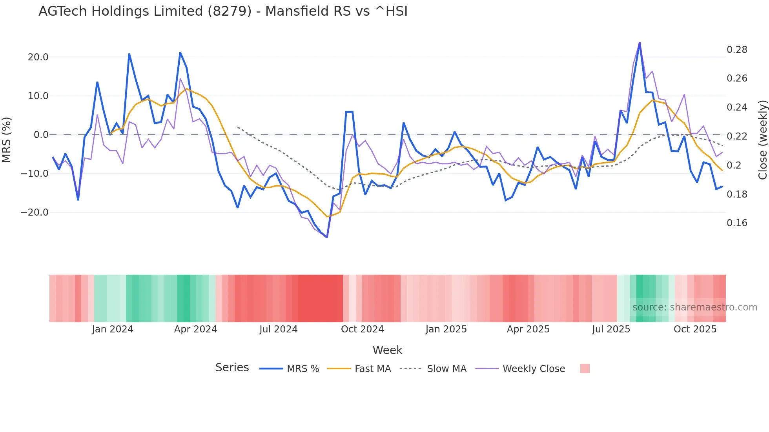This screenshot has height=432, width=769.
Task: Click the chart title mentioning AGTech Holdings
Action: pos(223,11)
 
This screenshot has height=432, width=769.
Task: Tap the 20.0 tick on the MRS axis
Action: pos(38,57)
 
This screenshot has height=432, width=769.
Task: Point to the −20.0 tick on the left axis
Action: pos(35,212)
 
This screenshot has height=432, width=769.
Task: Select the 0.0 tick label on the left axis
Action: pos(41,135)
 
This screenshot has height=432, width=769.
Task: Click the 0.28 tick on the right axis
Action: pos(737,50)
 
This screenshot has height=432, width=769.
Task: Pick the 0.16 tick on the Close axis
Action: pos(737,223)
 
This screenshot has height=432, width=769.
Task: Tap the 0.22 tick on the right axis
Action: pos(737,136)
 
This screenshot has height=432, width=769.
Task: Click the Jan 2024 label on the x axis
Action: pos(113,329)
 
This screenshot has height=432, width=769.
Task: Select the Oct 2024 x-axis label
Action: pos(362,329)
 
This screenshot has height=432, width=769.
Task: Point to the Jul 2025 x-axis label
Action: pos(611,329)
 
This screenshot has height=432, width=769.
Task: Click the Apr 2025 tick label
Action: pos(528,329)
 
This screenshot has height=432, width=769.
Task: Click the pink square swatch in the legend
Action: pos(585,368)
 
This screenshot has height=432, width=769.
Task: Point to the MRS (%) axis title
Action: pos(6,140)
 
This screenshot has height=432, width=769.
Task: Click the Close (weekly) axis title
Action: pos(762,140)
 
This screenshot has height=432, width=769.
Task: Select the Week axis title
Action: pos(387,350)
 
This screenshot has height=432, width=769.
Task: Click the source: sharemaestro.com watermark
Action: pos(694,307)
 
